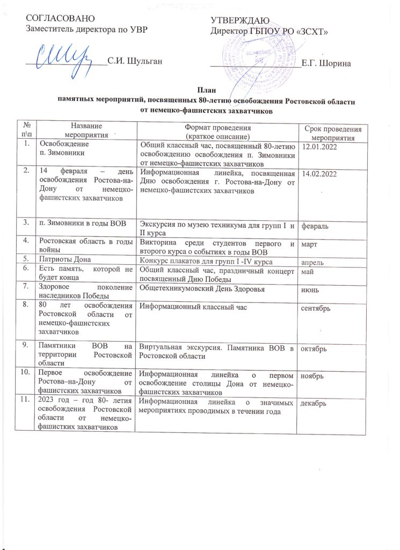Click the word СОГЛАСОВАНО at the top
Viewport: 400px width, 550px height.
(x=57, y=19)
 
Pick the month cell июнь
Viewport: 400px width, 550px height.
(x=312, y=290)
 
